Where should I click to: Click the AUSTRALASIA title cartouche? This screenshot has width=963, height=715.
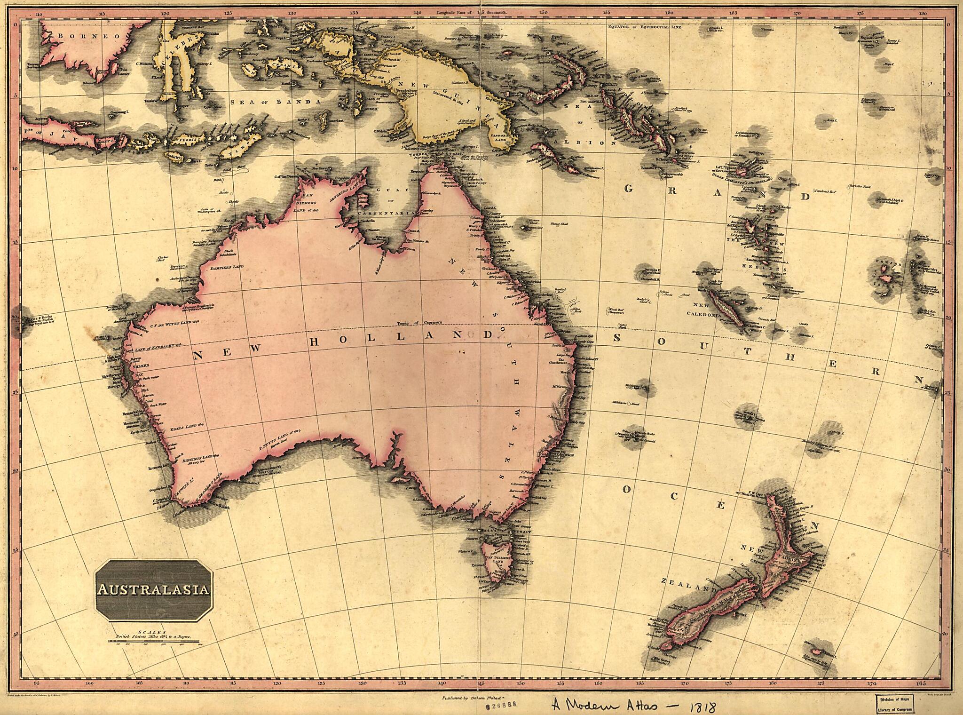pyautogui.click(x=154, y=590)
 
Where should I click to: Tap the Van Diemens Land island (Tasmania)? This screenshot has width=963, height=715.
pyautogui.click(x=497, y=560)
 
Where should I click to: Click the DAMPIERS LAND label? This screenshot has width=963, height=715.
pyautogui.click(x=227, y=267)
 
